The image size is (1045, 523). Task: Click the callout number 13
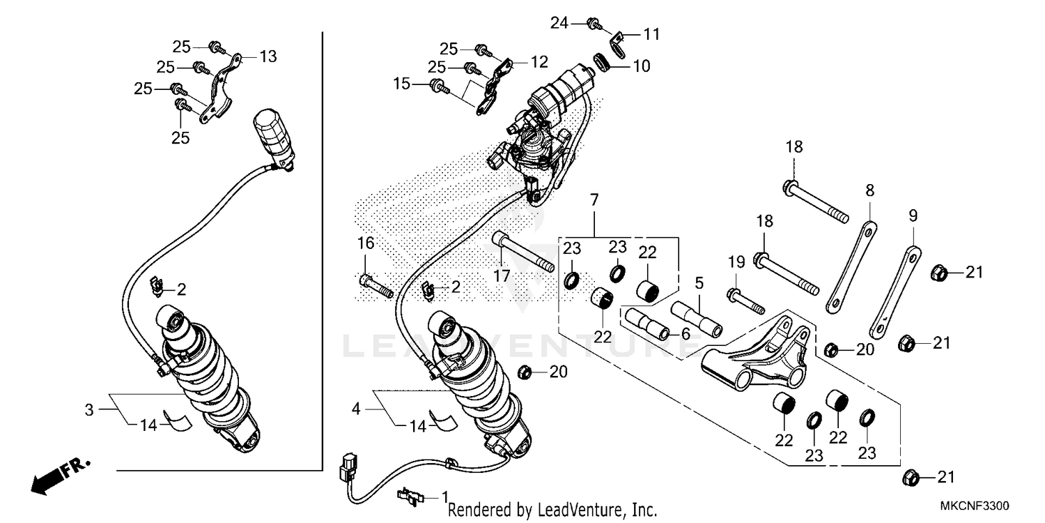coord(268,56)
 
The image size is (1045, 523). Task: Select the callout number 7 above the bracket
coord(594,200)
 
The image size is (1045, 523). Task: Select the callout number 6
coord(686,335)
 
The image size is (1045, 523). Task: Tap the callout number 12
coord(539,62)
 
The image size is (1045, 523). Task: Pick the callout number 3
coord(88,410)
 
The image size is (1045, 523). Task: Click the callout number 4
coord(356,409)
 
